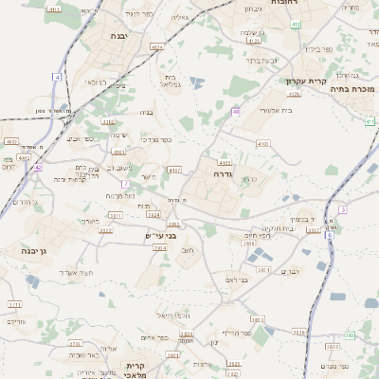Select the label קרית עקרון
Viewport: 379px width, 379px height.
click(x=306, y=81)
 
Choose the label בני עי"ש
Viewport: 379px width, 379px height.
click(x=160, y=234)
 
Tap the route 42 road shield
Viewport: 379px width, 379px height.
click(x=38, y=167)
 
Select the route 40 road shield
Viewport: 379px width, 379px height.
click(x=235, y=111)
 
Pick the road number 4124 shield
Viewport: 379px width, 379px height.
click(x=156, y=45)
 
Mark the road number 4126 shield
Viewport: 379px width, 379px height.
click(x=294, y=94)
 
